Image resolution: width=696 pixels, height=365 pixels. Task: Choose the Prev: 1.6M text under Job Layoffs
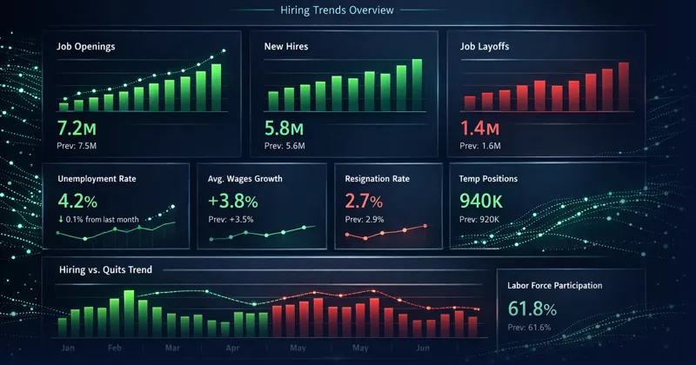point(481,146)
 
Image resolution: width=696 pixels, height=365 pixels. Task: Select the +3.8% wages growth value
point(232,201)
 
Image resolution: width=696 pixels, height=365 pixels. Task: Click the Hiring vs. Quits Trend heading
point(104,270)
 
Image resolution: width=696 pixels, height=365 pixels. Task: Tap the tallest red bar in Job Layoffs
point(623,84)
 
